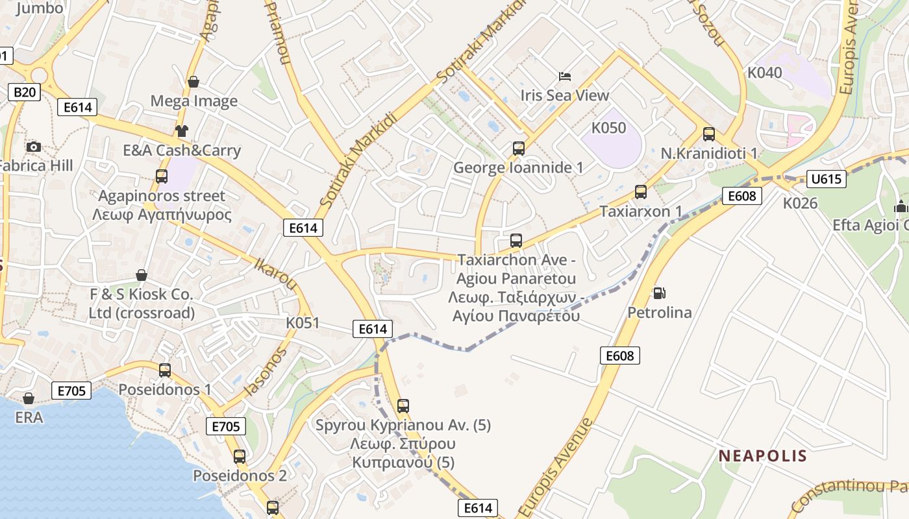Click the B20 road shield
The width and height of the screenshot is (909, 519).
pyautogui.click(x=25, y=92)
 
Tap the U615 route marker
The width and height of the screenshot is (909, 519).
pyautogui.click(x=827, y=178)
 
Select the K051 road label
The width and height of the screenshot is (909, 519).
pyautogui.click(x=303, y=322)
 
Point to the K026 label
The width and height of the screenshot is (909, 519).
pyautogui.click(x=800, y=203)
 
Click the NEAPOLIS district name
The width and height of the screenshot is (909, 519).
pyautogui.click(x=762, y=455)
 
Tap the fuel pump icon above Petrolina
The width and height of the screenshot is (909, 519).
pyautogui.click(x=659, y=293)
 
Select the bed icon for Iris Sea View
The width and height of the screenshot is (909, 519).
pyautogui.click(x=565, y=77)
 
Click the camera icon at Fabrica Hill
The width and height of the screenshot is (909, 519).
pyautogui.click(x=34, y=147)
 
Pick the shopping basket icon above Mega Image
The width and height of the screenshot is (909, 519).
pyautogui.click(x=193, y=82)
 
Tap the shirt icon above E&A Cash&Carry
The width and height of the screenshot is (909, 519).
pyautogui.click(x=181, y=131)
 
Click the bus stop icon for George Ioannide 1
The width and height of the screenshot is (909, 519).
pyautogui.click(x=518, y=149)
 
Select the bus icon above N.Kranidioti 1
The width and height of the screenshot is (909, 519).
pyautogui.click(x=708, y=134)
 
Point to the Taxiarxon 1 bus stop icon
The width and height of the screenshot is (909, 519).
pyautogui.click(x=641, y=192)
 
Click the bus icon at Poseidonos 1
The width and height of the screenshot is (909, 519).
pyautogui.click(x=165, y=370)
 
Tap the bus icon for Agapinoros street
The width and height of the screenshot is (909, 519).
pyautogui.click(x=162, y=176)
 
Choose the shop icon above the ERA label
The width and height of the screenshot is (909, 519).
pyautogui.click(x=29, y=398)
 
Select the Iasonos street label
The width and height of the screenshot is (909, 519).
pyautogui.click(x=264, y=372)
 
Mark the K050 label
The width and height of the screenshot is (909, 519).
pyautogui.click(x=608, y=127)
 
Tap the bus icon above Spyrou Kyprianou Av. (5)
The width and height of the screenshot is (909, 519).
pyautogui.click(x=403, y=406)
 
